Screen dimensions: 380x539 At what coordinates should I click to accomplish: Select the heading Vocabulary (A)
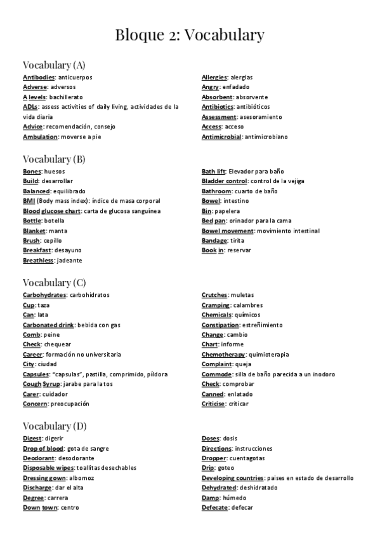53,65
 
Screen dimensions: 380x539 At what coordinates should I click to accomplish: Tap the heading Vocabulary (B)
53,159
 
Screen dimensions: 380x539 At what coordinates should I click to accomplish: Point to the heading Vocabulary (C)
53,282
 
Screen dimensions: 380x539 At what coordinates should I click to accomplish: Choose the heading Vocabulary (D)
54,426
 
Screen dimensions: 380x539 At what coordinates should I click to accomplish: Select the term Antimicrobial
221,137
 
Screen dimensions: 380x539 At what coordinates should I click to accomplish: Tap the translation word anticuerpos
75,78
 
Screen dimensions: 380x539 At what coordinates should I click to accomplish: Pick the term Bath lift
213,172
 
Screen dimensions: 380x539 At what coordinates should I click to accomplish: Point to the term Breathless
38,261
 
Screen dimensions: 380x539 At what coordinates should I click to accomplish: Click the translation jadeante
69,261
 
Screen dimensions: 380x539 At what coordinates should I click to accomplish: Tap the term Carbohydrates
44,296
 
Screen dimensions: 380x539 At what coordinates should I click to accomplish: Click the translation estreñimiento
261,325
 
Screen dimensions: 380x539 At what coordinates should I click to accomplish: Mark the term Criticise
213,404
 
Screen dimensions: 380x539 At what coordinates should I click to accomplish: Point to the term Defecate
214,508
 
